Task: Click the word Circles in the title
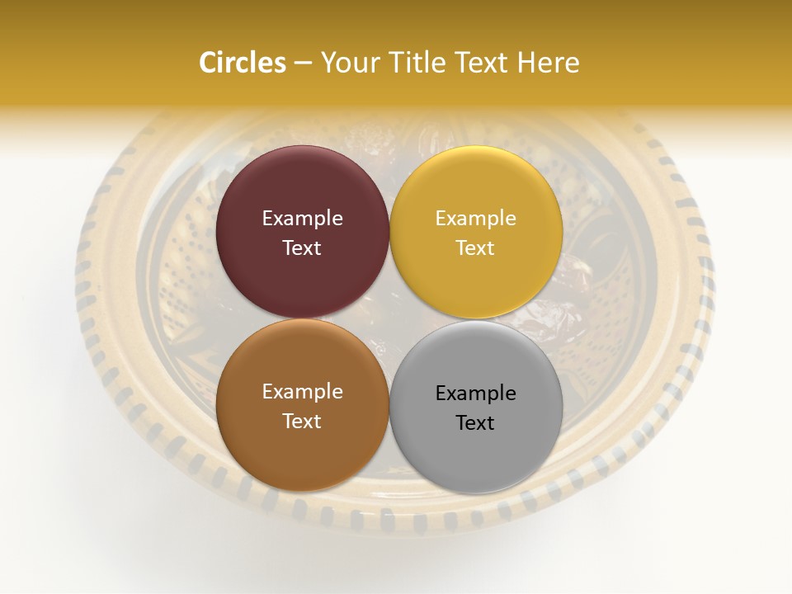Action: tap(242, 63)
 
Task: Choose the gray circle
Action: tap(476, 450)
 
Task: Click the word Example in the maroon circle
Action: tap(303, 219)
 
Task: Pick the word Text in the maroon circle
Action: tap(303, 247)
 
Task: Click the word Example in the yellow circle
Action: tap(476, 219)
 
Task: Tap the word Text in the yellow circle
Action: tap(476, 247)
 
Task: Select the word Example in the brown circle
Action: tap(303, 392)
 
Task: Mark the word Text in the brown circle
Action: tap(303, 421)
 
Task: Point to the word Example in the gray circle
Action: tap(476, 394)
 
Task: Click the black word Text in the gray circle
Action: tap(476, 422)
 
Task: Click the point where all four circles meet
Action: tap(389, 319)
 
